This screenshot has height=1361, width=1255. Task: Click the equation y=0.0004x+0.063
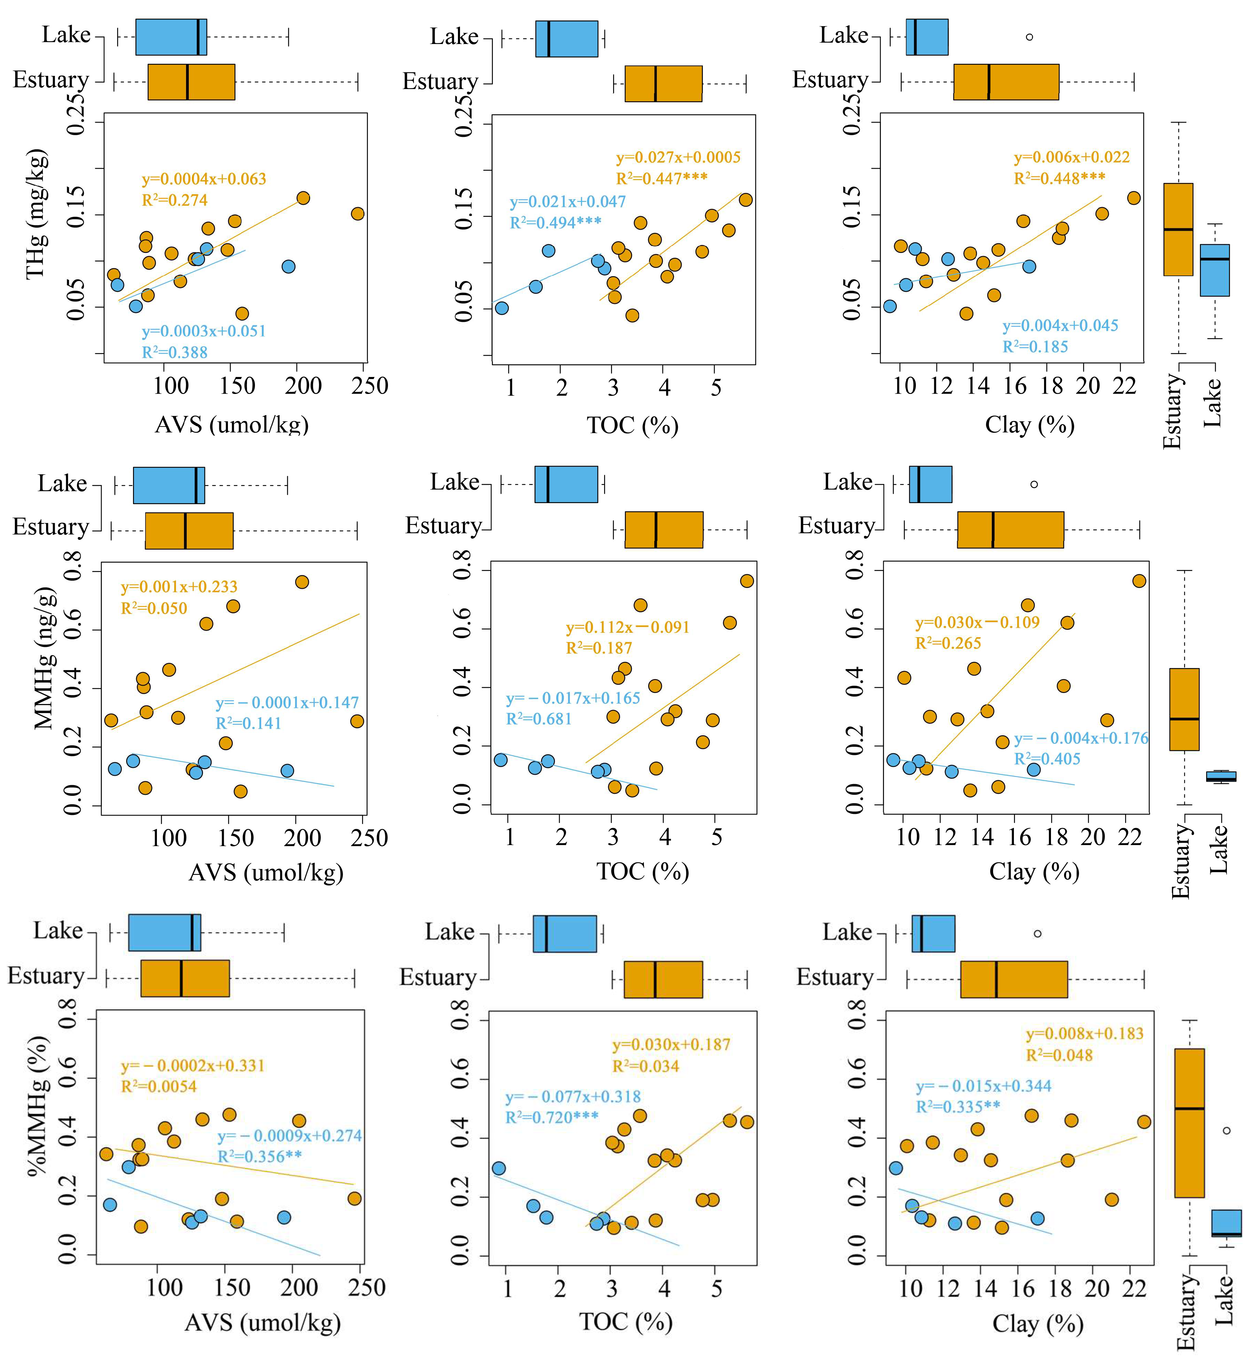click(x=204, y=179)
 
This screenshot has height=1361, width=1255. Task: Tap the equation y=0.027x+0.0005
click(x=678, y=158)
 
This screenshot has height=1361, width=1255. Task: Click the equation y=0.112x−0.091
click(x=628, y=627)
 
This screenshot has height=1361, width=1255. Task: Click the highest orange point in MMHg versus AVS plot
click(x=301, y=582)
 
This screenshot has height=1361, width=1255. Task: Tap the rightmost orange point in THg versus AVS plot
click(x=357, y=214)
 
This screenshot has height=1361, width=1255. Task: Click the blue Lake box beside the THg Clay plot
click(x=1214, y=270)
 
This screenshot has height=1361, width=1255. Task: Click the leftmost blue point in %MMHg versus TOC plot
click(x=498, y=1168)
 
